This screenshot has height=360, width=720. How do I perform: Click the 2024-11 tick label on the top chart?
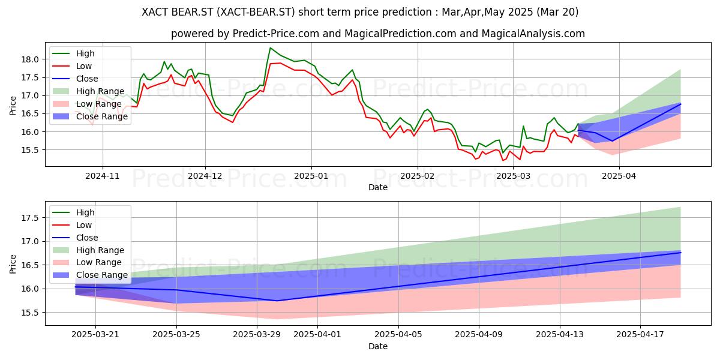(x=102, y=176)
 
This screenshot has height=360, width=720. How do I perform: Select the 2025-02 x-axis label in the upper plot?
(x=418, y=176)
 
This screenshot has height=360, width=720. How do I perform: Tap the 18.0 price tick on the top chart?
(x=30, y=59)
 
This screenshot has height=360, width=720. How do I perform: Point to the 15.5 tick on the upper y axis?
(x=30, y=150)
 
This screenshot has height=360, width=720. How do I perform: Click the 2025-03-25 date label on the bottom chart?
(x=176, y=334)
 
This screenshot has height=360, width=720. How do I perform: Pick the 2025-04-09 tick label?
(x=479, y=334)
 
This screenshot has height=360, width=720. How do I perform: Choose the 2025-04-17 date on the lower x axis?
(x=640, y=334)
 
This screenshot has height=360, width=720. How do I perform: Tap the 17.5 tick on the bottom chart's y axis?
(x=30, y=218)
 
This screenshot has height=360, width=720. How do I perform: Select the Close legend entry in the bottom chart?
(x=75, y=238)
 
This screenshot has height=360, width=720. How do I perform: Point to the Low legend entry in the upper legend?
(x=72, y=66)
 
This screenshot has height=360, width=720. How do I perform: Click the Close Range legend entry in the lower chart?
(x=90, y=275)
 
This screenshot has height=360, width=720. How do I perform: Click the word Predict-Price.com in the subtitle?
(x=276, y=34)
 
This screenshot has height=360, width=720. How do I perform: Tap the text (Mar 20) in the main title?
(x=557, y=12)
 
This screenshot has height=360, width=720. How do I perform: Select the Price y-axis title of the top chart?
(x=13, y=106)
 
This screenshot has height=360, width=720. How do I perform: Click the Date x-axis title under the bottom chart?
(x=378, y=346)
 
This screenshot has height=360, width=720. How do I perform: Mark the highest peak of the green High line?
(x=271, y=48)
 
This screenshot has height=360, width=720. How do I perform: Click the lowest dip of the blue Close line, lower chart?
(x=277, y=301)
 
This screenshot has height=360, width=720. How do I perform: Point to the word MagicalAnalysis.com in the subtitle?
(x=533, y=34)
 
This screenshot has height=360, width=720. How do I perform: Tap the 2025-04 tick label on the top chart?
(x=619, y=176)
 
